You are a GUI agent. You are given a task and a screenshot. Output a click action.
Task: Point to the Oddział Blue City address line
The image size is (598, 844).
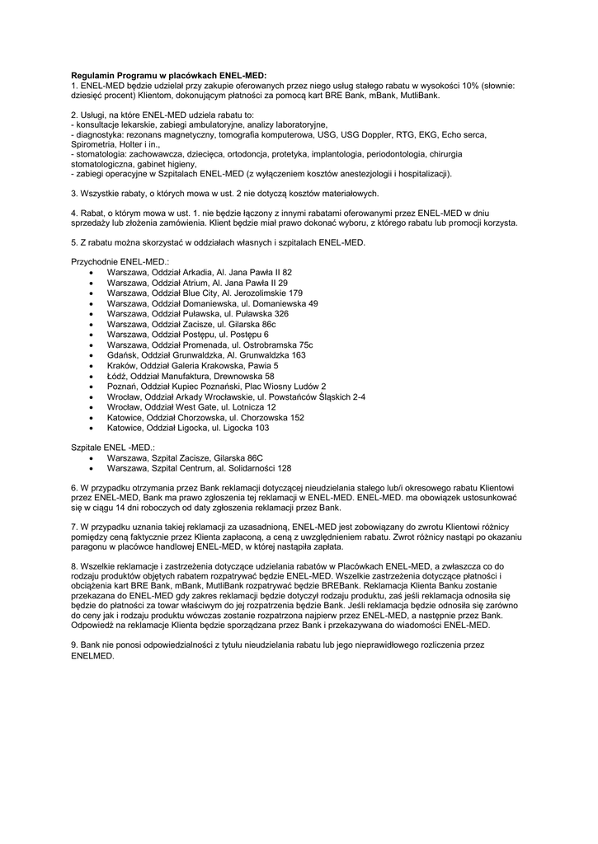pos(205,293)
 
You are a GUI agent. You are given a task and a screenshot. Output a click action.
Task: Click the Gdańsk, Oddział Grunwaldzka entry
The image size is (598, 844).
pos(206,355)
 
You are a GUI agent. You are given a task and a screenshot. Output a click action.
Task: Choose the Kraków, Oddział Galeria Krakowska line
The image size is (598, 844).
pos(192,365)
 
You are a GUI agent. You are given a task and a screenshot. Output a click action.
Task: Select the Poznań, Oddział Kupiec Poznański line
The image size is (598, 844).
pos(216,387)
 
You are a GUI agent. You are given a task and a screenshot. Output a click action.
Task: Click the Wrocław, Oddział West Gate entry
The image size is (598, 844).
pos(191,407)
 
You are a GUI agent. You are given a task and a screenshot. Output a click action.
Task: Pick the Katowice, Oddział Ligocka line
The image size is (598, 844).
pos(188,429)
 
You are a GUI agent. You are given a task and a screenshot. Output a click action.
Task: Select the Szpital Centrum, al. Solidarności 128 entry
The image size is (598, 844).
pos(199,468)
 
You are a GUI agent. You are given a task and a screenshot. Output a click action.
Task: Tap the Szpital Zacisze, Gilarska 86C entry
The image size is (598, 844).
pos(185,457)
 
